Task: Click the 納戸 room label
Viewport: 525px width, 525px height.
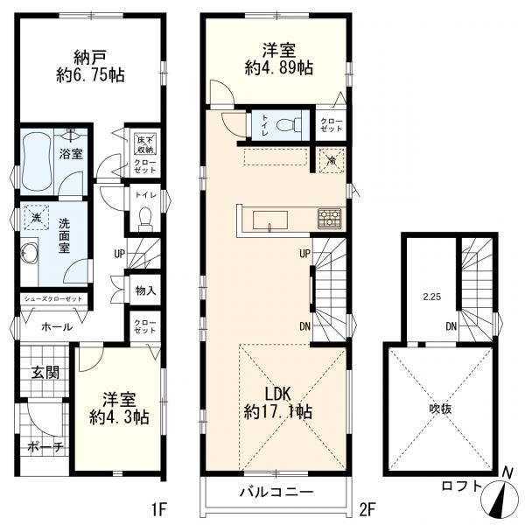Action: coord(90,58)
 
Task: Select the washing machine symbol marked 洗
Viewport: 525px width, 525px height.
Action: coord(37,218)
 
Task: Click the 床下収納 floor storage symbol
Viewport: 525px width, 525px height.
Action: coord(145,144)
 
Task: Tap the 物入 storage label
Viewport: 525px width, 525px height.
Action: coord(145,290)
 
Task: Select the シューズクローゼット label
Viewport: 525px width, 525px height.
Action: coord(53,299)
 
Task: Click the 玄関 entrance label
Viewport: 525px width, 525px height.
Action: coord(45,373)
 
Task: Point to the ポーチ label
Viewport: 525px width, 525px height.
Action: coord(45,446)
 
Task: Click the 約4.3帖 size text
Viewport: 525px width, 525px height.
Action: coord(119,417)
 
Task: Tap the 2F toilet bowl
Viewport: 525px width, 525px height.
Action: coord(289,125)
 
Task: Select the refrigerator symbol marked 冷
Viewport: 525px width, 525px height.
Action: coord(332,161)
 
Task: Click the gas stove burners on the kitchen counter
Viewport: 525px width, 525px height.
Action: coord(330,219)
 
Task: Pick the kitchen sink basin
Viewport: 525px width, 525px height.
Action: coord(269,221)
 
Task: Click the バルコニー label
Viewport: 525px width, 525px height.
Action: coord(276,492)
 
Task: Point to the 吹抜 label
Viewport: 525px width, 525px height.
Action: coord(441,409)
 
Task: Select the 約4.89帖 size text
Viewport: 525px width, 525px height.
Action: coord(279,67)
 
